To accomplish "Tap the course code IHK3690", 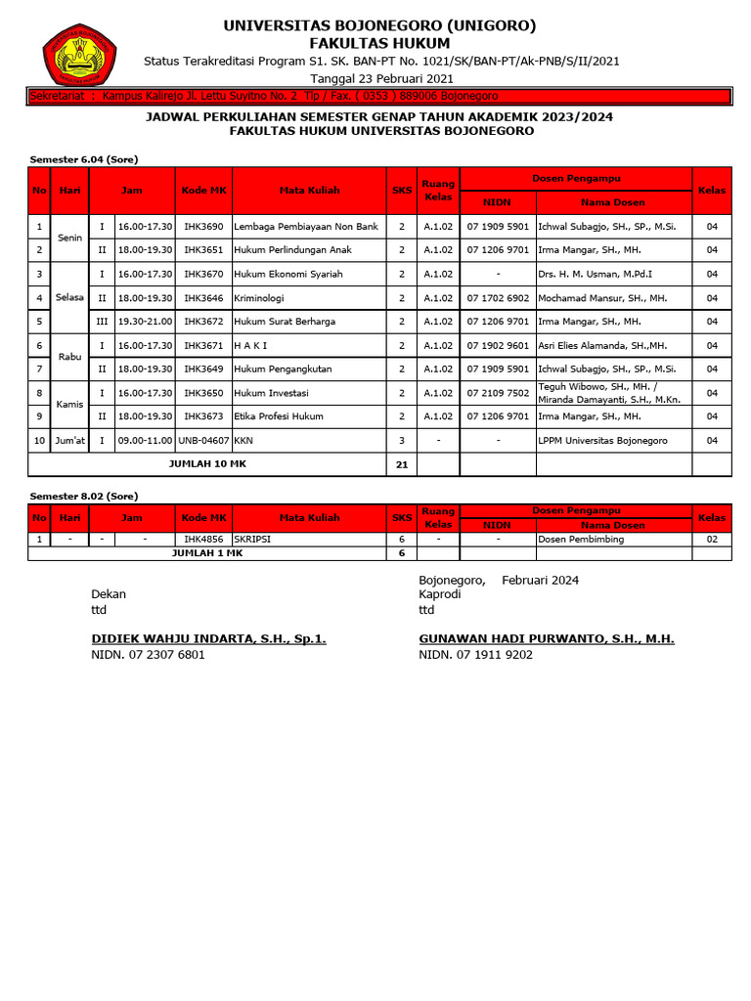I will pyautogui.click(x=204, y=227).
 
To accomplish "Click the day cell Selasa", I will pyautogui.click(x=69, y=297).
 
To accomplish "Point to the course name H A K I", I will pyautogui.click(x=250, y=345).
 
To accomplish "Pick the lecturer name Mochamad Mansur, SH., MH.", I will pyautogui.click(x=602, y=298).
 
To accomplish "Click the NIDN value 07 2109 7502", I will pyautogui.click(x=498, y=393).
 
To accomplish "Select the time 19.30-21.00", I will pyautogui.click(x=145, y=322).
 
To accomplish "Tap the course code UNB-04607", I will pyautogui.click(x=204, y=441).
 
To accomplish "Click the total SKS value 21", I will pyautogui.click(x=401, y=464).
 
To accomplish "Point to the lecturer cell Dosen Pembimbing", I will pyautogui.click(x=581, y=539).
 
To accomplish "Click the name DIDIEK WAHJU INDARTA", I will pyautogui.click(x=208, y=638).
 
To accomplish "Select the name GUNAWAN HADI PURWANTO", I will pyautogui.click(x=547, y=638).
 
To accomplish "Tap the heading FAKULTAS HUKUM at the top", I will pyautogui.click(x=379, y=43).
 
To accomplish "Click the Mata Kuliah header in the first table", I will pyautogui.click(x=309, y=191).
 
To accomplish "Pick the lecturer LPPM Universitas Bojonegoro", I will pyautogui.click(x=602, y=441).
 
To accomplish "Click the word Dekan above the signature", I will pyautogui.click(x=109, y=593).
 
